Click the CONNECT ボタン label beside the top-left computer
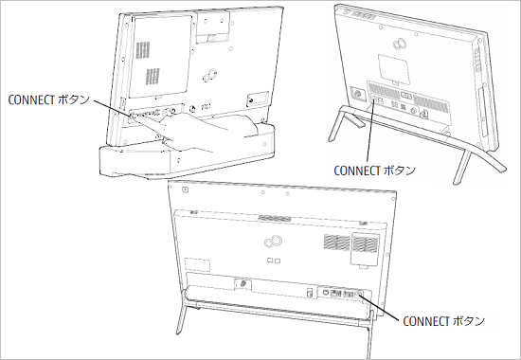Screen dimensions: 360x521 (48, 98)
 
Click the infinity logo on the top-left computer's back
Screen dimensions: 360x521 (211, 73)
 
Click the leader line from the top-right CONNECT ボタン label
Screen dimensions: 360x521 (370, 133)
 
